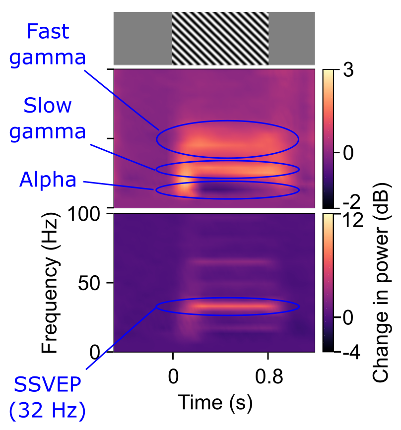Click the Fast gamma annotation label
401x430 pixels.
pos(48,45)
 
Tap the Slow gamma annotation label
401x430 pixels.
pos(48,119)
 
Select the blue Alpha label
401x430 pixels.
pos(48,180)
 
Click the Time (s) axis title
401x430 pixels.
pos(215,402)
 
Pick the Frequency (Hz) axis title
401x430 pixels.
pos(50,283)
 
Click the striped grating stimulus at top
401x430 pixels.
pos(220,38)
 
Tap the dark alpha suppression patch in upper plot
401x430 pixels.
pos(218,188)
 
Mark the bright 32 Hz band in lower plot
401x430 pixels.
pos(228,306)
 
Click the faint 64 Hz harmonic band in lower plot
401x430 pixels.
pos(231,261)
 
